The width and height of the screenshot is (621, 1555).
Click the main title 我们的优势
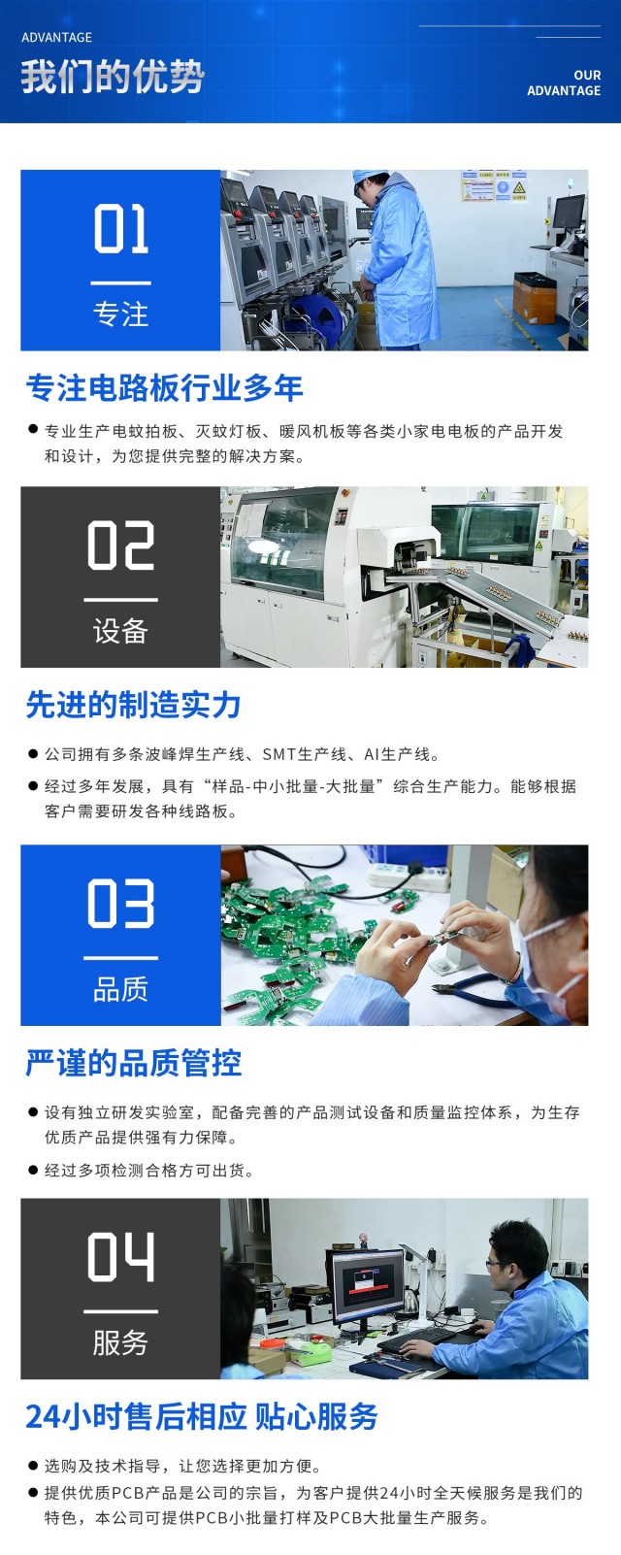coord(113,77)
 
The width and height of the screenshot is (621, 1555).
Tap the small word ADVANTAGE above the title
coord(57,38)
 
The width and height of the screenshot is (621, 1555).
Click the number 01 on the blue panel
coord(120,228)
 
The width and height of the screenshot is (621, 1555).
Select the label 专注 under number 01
coord(120,314)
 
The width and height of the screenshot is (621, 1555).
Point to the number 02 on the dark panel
coord(120,546)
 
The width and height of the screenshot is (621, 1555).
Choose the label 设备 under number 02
coord(120,631)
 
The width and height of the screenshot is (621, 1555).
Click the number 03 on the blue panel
coord(120,903)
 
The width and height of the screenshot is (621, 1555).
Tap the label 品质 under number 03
coord(120,989)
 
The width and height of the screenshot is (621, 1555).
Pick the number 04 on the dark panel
coord(120,1256)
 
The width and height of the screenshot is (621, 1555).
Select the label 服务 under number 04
coord(120,1342)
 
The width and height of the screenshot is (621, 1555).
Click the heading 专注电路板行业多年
coord(164,387)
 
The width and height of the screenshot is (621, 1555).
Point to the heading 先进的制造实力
coord(133,705)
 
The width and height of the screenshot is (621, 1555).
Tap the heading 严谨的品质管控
coord(134,1063)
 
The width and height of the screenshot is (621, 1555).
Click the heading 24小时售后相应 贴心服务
coord(202,1416)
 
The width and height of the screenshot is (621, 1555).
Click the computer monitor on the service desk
coord(366,1286)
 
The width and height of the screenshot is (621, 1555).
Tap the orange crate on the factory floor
coord(535,299)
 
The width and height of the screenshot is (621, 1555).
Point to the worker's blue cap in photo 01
coord(369,177)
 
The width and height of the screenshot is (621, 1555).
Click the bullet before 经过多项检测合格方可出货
coord(33,1170)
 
